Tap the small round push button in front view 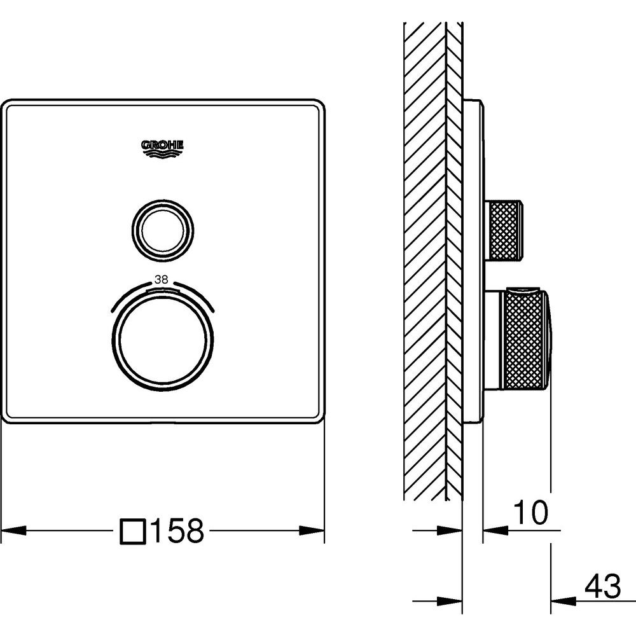[163, 230]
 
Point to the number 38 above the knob [162, 279]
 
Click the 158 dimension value [177, 530]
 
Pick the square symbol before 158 [133, 531]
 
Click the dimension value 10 [530, 513]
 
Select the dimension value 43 [603, 586]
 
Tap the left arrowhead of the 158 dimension [14, 530]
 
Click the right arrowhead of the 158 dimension [312, 530]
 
